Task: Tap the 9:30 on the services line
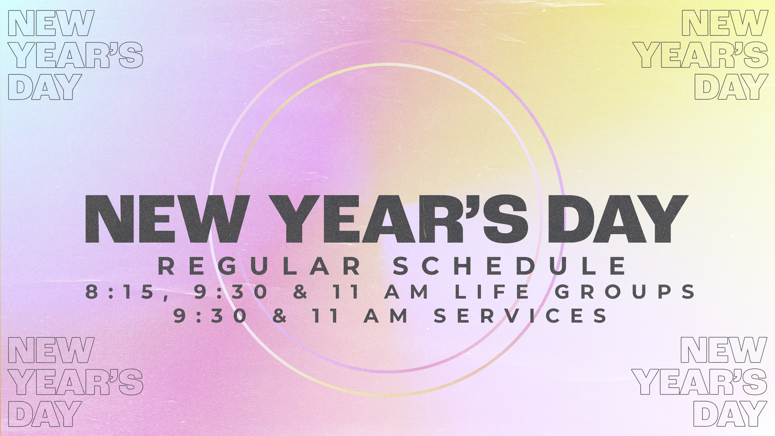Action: coord(210,315)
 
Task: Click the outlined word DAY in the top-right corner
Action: coord(730,87)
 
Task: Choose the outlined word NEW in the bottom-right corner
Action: coord(724,350)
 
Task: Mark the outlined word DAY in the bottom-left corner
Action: coord(45,414)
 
